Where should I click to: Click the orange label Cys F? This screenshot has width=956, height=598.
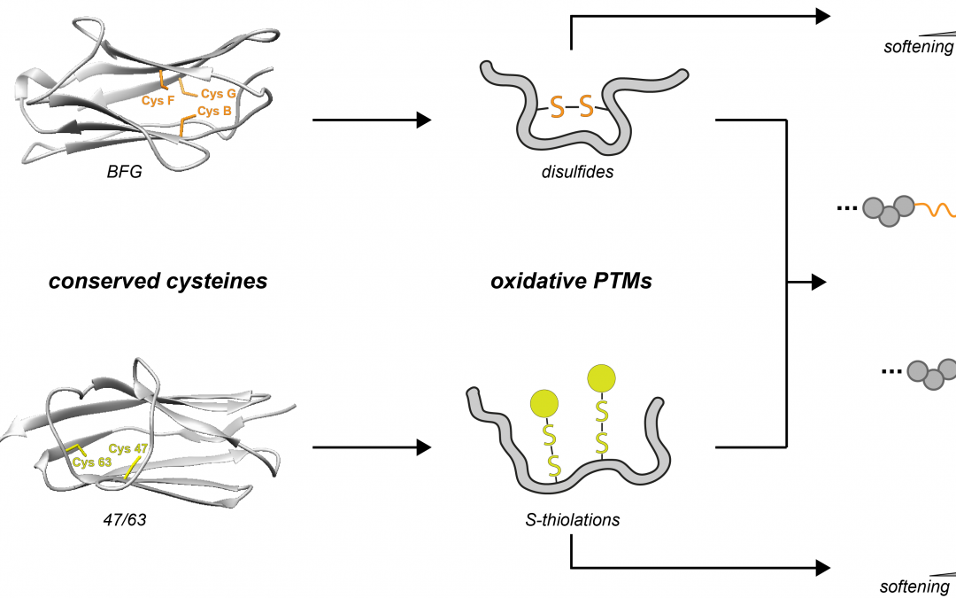tap(158, 100)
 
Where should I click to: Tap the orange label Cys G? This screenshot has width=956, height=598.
tap(219, 93)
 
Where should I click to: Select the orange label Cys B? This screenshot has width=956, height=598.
tap(214, 111)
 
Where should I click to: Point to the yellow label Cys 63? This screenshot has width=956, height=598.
tap(91, 462)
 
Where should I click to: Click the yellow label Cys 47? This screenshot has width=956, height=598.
tap(130, 449)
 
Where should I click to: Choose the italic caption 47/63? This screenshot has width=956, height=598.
tap(124, 520)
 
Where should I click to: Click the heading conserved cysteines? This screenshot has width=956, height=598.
tap(158, 283)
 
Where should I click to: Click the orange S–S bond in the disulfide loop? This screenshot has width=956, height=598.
tap(571, 107)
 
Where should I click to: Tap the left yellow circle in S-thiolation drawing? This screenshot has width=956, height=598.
tap(545, 404)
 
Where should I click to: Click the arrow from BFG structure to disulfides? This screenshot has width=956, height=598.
tap(372, 120)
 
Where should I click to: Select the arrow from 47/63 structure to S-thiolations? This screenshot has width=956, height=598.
tap(372, 448)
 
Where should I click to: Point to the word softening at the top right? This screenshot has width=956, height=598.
tap(918, 47)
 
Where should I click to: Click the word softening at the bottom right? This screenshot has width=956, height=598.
tap(914, 586)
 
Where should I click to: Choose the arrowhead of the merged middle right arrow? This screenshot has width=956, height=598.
tap(819, 283)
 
